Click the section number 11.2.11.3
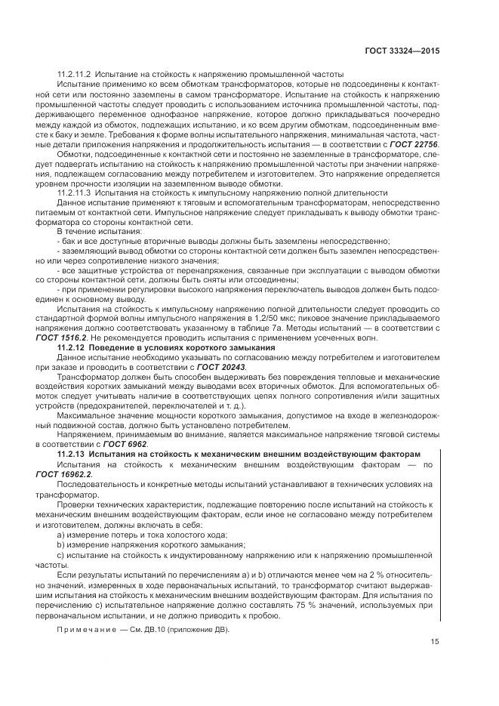point(74,193)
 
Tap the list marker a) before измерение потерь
point(61,532)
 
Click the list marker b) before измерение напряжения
point(61,542)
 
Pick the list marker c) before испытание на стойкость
point(61,552)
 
